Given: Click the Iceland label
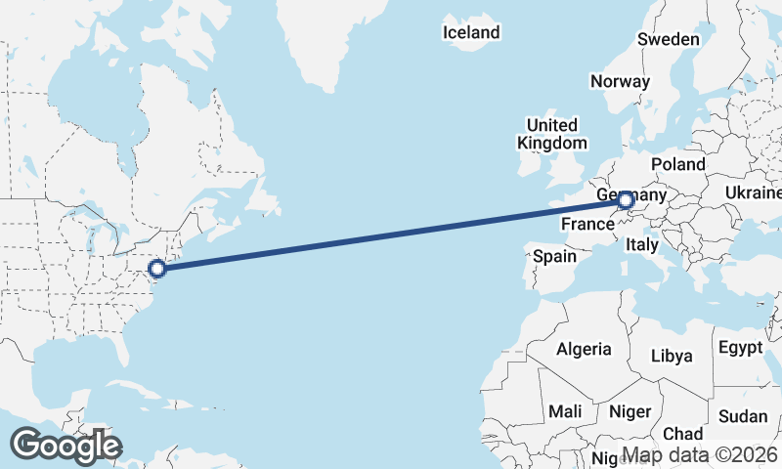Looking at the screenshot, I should [x=471, y=32].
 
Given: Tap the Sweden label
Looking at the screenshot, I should [x=669, y=39].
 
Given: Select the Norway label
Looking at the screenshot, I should [x=620, y=81].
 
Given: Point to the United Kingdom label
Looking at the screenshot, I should [x=551, y=134].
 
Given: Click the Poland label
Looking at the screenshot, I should [x=677, y=163].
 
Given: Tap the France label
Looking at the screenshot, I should [x=586, y=225].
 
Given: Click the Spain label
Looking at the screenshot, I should [x=554, y=257].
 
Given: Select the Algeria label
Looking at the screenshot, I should [x=584, y=349].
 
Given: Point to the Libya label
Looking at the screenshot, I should [x=672, y=356].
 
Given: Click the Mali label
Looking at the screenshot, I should [x=565, y=411].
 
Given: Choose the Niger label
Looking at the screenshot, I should [x=630, y=411].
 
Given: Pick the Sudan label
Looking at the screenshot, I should [x=743, y=416].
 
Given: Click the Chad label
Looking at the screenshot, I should [x=682, y=433].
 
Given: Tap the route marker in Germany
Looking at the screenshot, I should [x=625, y=201].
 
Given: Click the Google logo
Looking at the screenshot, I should [x=65, y=446].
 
